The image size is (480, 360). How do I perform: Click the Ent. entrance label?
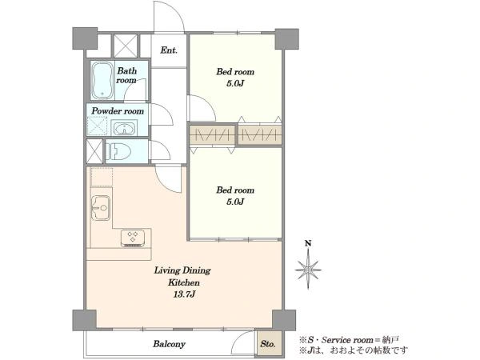click(x=169, y=50)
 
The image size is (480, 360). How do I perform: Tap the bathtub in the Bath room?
click(x=102, y=81)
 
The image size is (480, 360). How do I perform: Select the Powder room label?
click(x=118, y=111)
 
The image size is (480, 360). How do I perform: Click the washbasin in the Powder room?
click(x=124, y=128)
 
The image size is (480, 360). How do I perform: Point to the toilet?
click(x=118, y=151)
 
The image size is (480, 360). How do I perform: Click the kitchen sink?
click(x=101, y=207)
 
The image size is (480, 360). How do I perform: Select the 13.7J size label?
click(x=184, y=294)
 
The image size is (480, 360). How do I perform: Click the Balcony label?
click(x=169, y=344)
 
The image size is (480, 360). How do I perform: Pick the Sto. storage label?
click(x=267, y=344)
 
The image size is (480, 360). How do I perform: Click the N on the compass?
click(x=308, y=243)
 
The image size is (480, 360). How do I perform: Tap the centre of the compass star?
click(x=308, y=270)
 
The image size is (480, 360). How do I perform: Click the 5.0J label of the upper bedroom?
click(x=235, y=83)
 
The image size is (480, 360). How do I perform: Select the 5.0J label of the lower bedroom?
click(x=235, y=202)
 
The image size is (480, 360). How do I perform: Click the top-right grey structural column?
click(x=287, y=39)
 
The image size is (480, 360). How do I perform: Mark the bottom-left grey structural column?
click(x=85, y=320)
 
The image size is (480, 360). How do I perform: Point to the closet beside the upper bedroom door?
click(x=213, y=135)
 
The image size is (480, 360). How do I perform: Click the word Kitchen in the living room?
click(x=184, y=282)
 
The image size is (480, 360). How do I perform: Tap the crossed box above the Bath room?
click(x=126, y=46)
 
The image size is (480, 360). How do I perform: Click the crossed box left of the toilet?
click(x=94, y=151)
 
